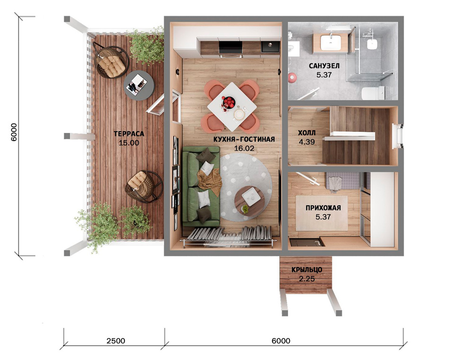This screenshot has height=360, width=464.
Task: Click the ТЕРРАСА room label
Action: pyautogui.click(x=129, y=134)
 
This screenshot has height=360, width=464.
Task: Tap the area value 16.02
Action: pyautogui.click(x=244, y=148)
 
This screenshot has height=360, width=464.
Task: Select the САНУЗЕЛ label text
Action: pyautogui.click(x=324, y=66)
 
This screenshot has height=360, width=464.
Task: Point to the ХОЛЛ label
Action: pyautogui.click(x=307, y=133)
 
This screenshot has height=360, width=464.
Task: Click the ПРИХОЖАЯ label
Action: pyautogui.click(x=323, y=208)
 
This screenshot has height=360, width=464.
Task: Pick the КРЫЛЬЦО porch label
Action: pyautogui.click(x=307, y=270)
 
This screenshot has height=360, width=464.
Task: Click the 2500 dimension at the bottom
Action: pyautogui.click(x=116, y=341)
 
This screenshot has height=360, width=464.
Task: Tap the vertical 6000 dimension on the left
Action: pyautogui.click(x=14, y=132)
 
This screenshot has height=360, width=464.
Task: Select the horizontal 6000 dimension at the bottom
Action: pyautogui.click(x=281, y=341)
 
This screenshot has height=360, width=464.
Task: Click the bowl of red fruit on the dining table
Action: pyautogui.click(x=228, y=102)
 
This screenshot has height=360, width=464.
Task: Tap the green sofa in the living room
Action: pyautogui.click(x=201, y=187)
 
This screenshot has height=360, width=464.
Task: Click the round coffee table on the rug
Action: pyautogui.click(x=250, y=198)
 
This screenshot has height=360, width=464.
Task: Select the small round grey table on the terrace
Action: pyautogui.click(x=138, y=86)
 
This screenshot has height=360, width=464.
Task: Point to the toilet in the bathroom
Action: pyautogui.click(x=373, y=93)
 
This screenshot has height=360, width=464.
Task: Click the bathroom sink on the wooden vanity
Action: pyautogui.click(x=330, y=42)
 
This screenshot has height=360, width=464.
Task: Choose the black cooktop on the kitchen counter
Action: pyautogui.click(x=230, y=47)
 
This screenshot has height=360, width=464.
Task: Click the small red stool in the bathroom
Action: pyautogui.click(x=293, y=77)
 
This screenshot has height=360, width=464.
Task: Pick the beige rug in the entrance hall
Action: pyautogui.click(x=321, y=213)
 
